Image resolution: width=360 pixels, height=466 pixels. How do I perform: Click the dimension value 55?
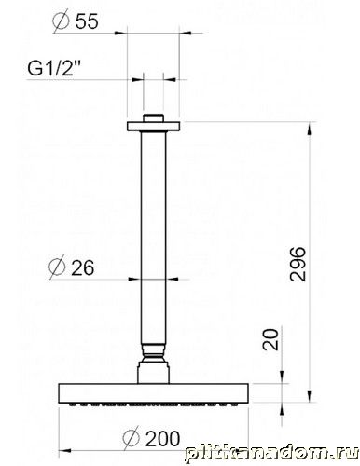[87, 21]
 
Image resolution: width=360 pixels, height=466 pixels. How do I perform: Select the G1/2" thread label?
[54, 68]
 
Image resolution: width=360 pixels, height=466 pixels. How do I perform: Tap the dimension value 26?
[82, 267]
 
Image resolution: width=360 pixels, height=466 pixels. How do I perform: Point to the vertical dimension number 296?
[298, 264]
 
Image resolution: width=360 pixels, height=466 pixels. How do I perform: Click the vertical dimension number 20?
[270, 340]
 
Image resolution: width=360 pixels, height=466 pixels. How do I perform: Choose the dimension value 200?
[162, 439]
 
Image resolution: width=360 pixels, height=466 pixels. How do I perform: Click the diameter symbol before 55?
[61, 21]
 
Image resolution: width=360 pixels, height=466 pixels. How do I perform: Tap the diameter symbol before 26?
[57, 267]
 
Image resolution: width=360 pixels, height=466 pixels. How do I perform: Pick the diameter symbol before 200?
[132, 438]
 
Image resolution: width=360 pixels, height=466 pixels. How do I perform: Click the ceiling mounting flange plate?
[153, 126]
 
